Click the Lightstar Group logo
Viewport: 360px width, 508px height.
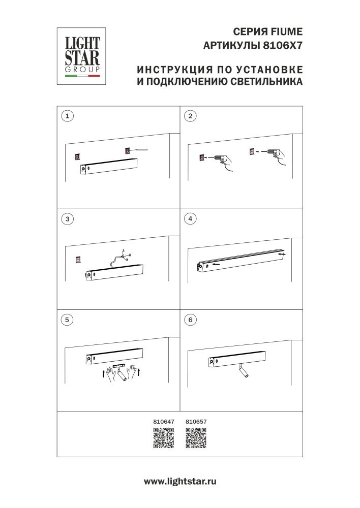[x=81, y=56]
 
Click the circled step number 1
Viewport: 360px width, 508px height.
[x=66, y=115]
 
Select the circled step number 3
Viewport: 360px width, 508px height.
[x=66, y=219]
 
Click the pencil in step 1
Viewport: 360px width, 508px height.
[x=139, y=150]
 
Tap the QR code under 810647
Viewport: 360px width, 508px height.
[x=164, y=438]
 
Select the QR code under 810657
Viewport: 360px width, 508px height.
[x=196, y=438]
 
